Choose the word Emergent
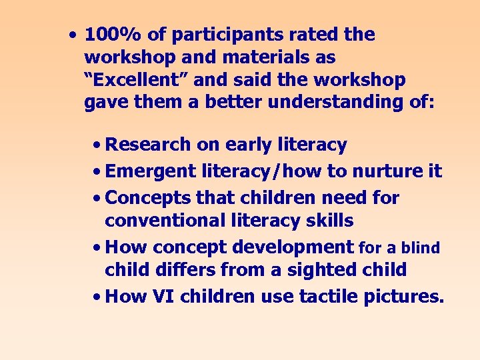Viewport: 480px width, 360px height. pos(151,171)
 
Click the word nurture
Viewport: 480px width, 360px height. pos(389,171)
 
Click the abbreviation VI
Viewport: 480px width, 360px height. pos(165,297)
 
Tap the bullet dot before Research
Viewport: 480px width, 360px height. pos(97,145)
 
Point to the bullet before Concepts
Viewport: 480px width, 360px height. pos(97,199)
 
